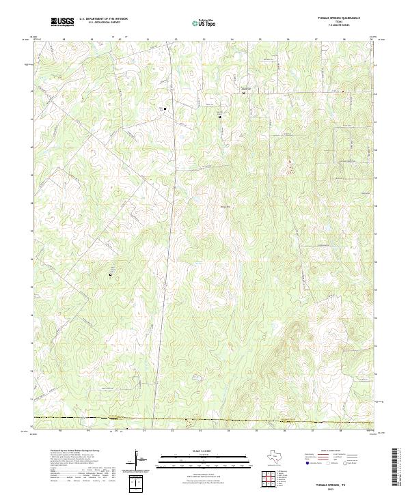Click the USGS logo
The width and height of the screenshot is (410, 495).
point(62,22)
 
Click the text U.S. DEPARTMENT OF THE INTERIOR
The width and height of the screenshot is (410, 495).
point(103,19)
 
